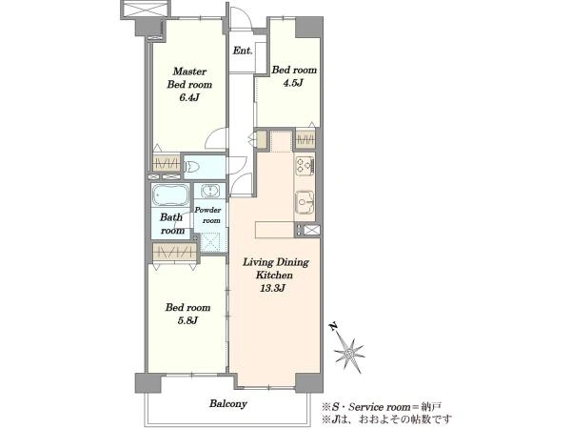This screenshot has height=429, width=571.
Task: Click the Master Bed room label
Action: point(189,78)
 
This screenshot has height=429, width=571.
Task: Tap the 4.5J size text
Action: point(293,83)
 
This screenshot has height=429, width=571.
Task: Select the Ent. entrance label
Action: point(243,51)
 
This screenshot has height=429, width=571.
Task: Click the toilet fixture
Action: point(192,167)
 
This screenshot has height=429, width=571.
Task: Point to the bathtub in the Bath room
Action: point(170,195)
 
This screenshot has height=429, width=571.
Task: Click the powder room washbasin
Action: point(209,191)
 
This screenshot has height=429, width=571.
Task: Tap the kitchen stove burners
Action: point(305,165)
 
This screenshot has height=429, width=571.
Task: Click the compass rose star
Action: point(349,353)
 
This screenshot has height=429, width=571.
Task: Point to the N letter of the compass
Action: point(332,326)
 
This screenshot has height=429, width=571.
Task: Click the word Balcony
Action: point(228,404)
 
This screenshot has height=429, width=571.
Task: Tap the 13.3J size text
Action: point(272,288)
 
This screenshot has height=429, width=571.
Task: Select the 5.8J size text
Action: point(187,320)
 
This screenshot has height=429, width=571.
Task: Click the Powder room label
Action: point(207,215)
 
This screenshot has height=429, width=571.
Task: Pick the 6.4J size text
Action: point(189,98)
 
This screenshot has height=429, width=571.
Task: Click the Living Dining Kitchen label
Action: point(276,269)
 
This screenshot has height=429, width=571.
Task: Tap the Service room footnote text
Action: point(382,407)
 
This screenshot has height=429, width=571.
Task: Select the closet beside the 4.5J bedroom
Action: point(305,139)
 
